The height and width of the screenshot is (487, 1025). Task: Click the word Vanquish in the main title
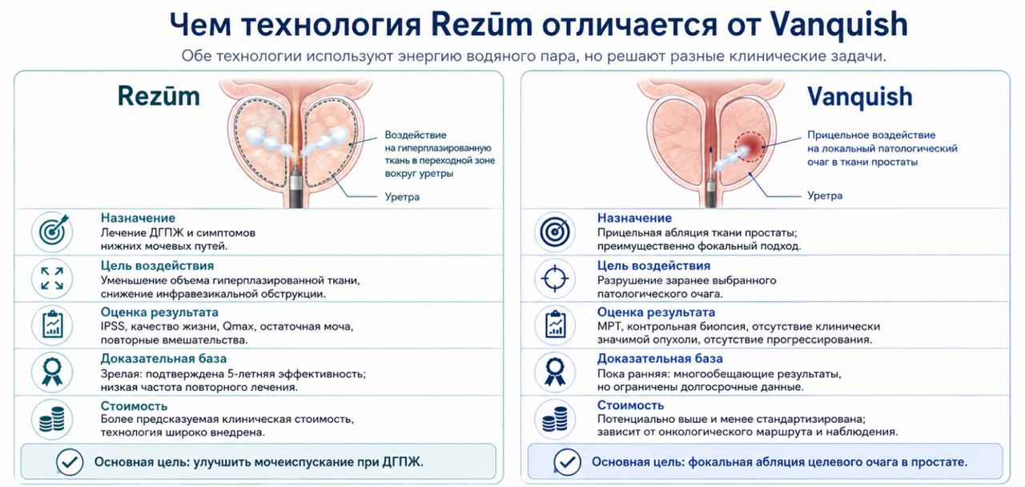tap(838, 26)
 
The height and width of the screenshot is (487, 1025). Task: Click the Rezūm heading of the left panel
tap(159, 97)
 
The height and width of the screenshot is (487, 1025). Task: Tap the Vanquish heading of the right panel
tap(860, 98)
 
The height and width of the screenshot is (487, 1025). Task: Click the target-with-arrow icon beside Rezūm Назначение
tap(52, 231)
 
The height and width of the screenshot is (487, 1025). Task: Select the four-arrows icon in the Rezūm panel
tap(52, 278)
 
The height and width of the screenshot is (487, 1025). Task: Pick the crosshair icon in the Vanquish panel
tap(555, 278)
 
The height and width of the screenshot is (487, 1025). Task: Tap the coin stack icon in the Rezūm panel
tap(52, 419)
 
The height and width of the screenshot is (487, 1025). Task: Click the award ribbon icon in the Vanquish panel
tap(555, 372)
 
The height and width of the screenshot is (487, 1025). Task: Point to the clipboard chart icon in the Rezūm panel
tap(52, 325)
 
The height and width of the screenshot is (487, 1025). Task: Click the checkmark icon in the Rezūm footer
tap(70, 462)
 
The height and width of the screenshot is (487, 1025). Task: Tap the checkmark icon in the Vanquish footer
tap(567, 462)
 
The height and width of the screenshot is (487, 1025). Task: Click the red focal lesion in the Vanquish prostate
tap(750, 147)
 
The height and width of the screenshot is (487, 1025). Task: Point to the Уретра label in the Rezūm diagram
tap(402, 197)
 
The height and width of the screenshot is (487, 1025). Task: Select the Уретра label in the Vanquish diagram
tap(825, 195)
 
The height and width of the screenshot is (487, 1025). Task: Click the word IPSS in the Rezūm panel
tap(113, 327)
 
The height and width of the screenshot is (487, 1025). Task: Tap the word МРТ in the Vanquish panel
tap(609, 327)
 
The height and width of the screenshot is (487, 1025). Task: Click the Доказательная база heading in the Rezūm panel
tap(163, 358)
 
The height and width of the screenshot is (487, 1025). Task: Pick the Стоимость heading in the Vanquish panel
tap(630, 405)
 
